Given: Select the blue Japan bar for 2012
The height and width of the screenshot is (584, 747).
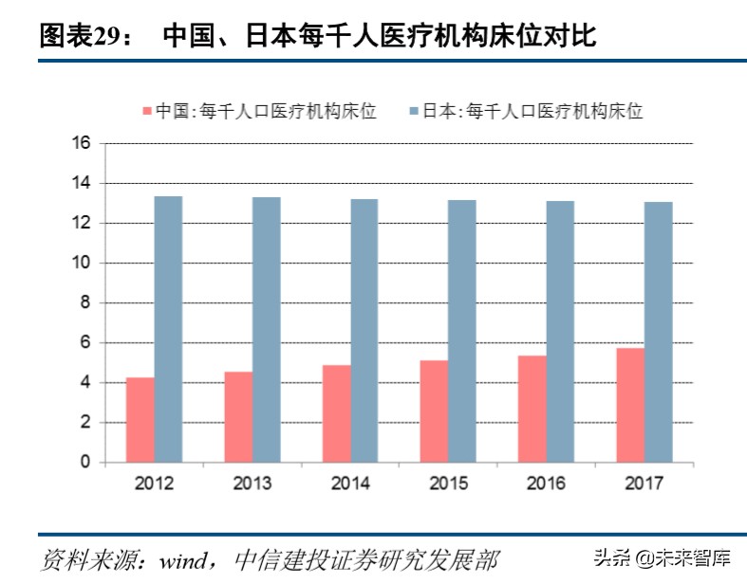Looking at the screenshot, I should pos(169,329).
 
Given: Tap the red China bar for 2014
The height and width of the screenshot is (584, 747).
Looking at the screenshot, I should pos(337,413).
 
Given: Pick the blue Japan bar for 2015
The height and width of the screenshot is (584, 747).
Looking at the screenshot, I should pos(462,331).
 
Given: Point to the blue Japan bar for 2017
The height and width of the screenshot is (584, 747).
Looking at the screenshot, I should pos(658,332).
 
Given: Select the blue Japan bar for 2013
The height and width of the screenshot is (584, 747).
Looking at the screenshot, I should pos(267,330).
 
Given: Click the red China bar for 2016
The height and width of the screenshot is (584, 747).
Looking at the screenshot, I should pos(532,409).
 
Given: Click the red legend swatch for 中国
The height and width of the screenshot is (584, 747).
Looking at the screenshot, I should pos(146,112).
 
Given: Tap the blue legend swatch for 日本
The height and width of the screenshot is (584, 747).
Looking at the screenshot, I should pos(413,112).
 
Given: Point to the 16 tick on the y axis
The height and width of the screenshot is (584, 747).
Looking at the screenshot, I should pos(81,144).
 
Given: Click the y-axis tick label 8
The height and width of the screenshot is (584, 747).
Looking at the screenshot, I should pos(85,303).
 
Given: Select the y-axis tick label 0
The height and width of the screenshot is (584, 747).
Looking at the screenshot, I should pos(85,463).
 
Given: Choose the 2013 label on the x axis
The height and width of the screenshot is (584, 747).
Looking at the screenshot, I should pos(252,484).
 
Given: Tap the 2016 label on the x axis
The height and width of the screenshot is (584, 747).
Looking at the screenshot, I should pos(546,484).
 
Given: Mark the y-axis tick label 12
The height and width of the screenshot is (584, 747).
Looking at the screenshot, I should pos(81,224).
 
